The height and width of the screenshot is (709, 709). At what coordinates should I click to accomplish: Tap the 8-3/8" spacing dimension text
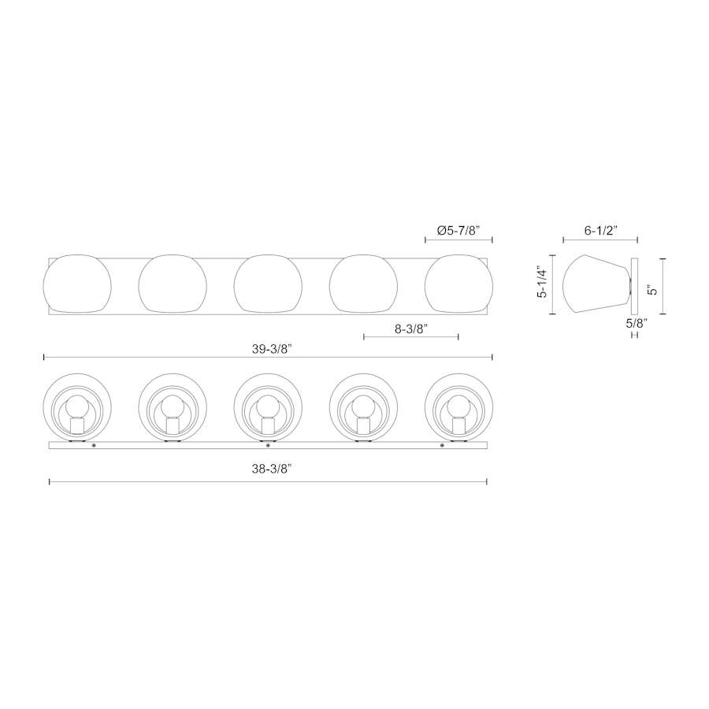point(411,329)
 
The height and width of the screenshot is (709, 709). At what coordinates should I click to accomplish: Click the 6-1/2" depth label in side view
point(600,231)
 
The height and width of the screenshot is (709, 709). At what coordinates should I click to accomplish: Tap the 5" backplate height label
point(653,288)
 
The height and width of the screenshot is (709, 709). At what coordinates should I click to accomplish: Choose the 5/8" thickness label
point(635,323)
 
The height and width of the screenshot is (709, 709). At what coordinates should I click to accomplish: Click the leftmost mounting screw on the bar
point(95,446)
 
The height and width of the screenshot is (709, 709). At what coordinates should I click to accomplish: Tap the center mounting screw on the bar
point(268,446)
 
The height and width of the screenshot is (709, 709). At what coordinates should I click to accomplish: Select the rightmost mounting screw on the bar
point(442,446)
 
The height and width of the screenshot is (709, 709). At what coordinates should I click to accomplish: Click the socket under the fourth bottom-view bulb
point(363,425)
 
